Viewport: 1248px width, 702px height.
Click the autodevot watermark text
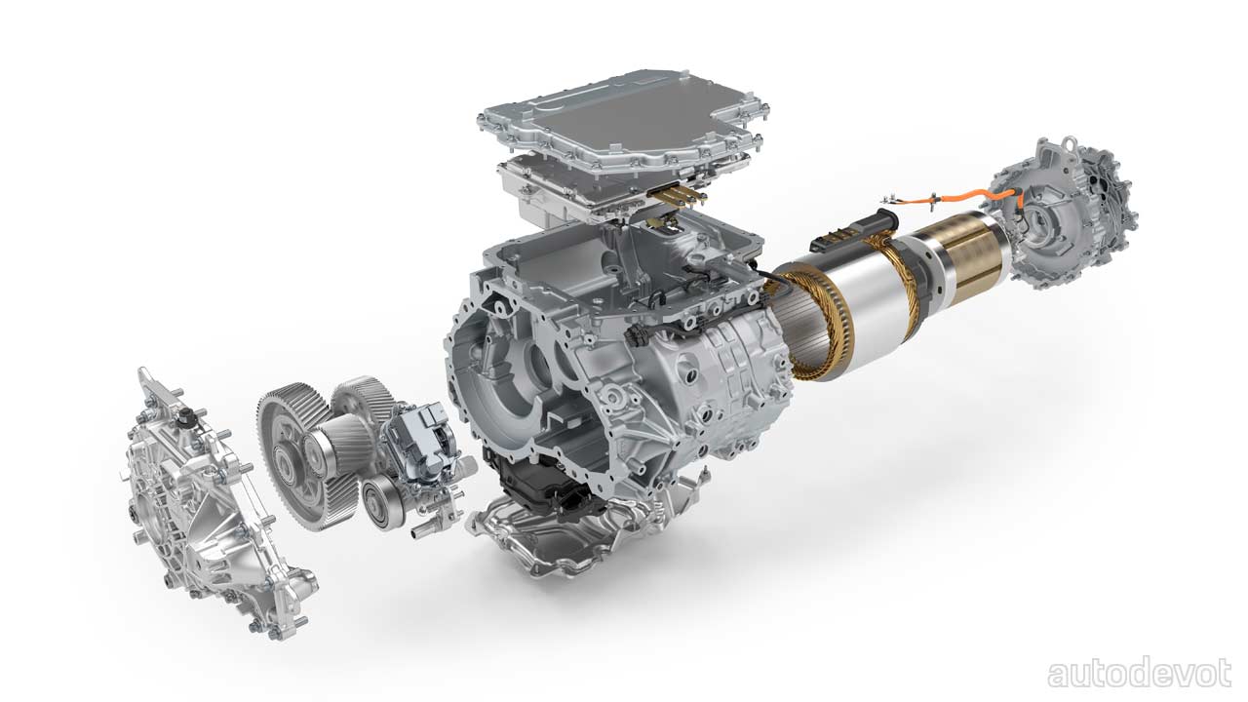(x=1139, y=674)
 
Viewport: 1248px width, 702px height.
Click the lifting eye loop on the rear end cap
(x=1068, y=143)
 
